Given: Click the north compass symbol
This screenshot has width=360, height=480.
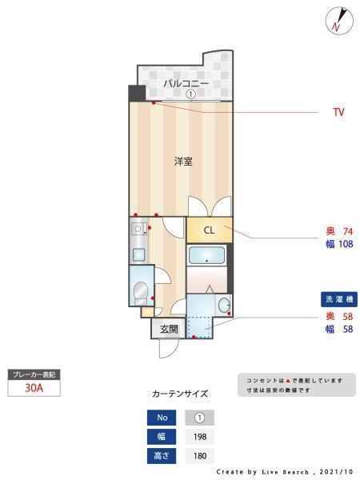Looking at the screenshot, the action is point(339,21).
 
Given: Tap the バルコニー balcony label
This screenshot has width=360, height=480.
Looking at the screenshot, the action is point(186,83).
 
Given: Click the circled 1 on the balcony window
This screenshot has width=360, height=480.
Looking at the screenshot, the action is point(190,94).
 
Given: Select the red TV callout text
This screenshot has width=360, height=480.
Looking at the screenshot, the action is point(338,112).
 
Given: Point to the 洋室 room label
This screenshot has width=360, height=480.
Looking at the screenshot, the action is point(183,162).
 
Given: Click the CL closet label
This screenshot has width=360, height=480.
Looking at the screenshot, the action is point(209,230).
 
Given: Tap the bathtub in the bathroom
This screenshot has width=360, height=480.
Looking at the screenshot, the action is point(206,255).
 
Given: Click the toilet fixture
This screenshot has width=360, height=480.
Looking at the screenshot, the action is point(141,293).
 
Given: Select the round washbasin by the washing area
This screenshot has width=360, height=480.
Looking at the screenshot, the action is point(224,305).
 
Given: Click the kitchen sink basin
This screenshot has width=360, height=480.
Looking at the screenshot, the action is point(138,254).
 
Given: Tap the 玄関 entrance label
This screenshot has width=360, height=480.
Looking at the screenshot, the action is point(169,330).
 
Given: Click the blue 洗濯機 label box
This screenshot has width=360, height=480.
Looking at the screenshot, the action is point(339,299).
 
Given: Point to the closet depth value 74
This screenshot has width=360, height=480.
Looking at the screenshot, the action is point(348,231).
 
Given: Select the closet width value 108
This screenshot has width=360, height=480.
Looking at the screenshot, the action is point(346,244).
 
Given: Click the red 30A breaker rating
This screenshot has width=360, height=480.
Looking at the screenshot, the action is point(34,388).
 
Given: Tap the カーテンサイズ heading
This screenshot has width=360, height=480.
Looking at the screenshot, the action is point(180,394).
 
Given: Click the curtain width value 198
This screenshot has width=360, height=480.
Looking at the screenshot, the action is point(200,437).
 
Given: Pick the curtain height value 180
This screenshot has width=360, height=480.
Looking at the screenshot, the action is point(200,456).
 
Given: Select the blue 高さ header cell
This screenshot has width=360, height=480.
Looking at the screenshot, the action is point(162,456).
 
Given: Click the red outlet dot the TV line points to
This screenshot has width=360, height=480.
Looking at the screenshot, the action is point(154,103).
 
